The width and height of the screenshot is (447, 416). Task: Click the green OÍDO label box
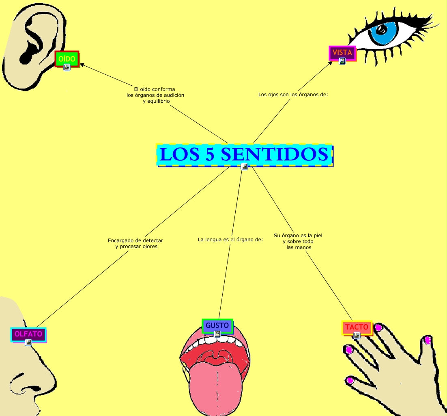(67, 58)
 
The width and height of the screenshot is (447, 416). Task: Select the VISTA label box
(342, 53)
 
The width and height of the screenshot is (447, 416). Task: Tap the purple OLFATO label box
(28, 334)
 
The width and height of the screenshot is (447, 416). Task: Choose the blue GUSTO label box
(217, 325)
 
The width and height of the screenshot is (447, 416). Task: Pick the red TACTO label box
(357, 327)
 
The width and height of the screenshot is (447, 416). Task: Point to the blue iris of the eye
(385, 32)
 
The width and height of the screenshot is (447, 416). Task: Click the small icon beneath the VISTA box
(342, 61)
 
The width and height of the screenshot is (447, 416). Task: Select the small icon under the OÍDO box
(67, 67)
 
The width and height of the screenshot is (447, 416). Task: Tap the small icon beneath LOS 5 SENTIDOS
(244, 166)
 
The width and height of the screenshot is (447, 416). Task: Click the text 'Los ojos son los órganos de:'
(293, 95)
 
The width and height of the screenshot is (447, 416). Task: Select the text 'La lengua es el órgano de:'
(230, 240)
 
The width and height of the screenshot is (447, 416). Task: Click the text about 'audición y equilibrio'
(155, 95)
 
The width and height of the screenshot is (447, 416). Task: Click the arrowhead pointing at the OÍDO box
(82, 64)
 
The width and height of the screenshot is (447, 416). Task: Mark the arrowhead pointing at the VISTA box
(331, 63)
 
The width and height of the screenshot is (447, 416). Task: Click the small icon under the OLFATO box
(28, 342)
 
